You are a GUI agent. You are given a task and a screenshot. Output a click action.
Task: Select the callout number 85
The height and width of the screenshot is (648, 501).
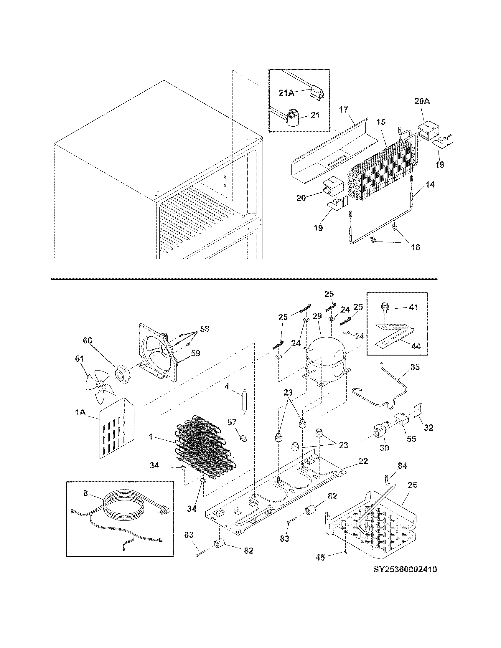(415, 367)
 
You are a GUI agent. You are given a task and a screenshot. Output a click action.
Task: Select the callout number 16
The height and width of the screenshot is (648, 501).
(416, 247)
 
